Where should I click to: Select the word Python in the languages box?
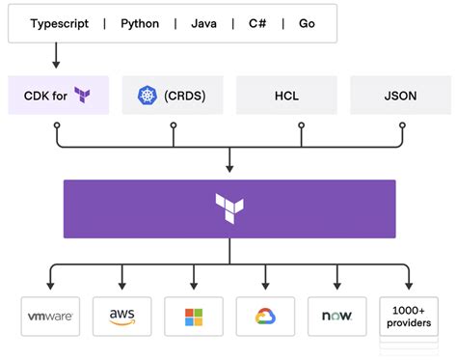pyautogui.click(x=140, y=23)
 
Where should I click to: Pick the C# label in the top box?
pyautogui.click(x=257, y=23)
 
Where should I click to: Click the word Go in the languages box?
pyautogui.click(x=306, y=23)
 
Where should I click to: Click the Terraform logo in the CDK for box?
pyautogui.click(x=83, y=95)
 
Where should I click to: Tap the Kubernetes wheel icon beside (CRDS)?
pyautogui.click(x=147, y=95)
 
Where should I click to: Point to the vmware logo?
pyautogui.click(x=49, y=317)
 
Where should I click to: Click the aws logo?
pyautogui.click(x=121, y=317)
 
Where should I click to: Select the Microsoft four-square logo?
pyautogui.click(x=193, y=317)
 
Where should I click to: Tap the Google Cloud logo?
pyautogui.click(x=264, y=317)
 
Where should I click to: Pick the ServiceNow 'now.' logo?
pyautogui.click(x=336, y=317)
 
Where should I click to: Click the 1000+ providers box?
pyautogui.click(x=408, y=317)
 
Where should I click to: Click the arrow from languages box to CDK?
pyautogui.click(x=57, y=58)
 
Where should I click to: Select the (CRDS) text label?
pyautogui.click(x=184, y=95)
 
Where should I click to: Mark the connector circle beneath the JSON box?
pyautogui.click(x=398, y=125)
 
